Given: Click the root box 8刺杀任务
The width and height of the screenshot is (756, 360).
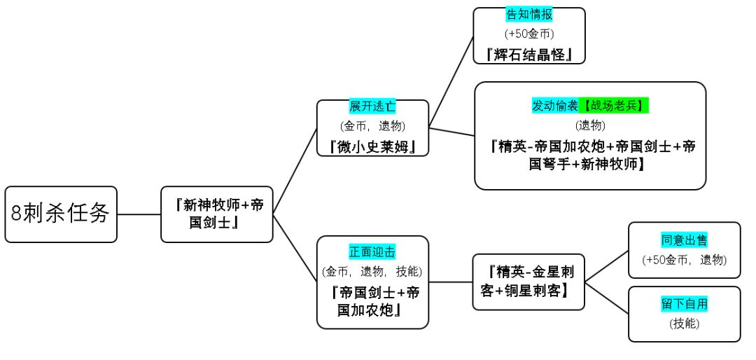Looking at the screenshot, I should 61,214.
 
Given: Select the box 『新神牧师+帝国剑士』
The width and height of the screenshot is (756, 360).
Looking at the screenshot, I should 217,214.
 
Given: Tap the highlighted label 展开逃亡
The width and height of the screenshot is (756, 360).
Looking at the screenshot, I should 372,107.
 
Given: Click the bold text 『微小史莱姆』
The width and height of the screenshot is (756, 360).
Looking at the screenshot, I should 372,146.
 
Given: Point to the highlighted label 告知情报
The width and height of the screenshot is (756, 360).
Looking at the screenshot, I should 529,15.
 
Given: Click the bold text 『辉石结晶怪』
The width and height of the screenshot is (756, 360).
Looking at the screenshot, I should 529,53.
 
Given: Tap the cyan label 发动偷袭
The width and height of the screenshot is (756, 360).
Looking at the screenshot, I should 555,106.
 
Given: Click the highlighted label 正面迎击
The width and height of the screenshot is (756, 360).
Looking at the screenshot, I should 372,251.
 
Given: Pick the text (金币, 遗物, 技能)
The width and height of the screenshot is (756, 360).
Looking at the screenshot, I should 372,270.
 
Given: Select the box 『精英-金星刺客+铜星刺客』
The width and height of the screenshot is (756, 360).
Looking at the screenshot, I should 528,281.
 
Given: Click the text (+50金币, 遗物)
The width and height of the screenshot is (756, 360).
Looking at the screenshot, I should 684,260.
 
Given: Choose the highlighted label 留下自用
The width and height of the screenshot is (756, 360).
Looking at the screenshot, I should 684,305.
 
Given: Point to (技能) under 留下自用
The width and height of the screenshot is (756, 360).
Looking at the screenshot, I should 684,324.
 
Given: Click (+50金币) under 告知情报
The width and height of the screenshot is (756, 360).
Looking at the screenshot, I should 529,33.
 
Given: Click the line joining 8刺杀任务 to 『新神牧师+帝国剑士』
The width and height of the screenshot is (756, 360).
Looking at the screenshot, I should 139,214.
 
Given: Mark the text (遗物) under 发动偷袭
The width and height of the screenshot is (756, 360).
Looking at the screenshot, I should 589,125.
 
